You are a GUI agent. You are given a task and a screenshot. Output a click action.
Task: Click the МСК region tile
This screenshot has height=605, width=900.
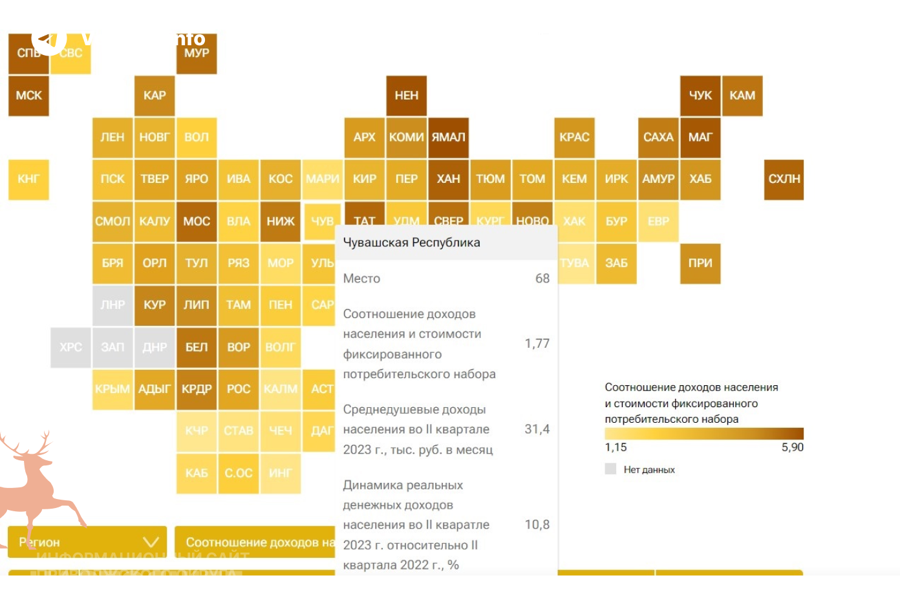pyautogui.click(x=28, y=96)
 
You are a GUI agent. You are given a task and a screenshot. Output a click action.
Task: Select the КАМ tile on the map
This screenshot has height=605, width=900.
pyautogui.click(x=742, y=96)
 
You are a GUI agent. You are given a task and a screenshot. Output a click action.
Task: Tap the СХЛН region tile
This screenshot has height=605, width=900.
pyautogui.click(x=784, y=179)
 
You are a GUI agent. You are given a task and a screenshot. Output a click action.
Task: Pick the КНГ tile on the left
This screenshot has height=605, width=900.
pyautogui.click(x=28, y=179)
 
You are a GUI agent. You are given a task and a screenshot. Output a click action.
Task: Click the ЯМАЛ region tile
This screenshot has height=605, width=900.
pyautogui.click(x=448, y=137)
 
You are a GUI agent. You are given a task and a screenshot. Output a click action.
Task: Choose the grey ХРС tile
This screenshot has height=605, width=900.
pyautogui.click(x=70, y=347)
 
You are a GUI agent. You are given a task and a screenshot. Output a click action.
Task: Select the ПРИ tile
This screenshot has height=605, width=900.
pyautogui.click(x=700, y=263)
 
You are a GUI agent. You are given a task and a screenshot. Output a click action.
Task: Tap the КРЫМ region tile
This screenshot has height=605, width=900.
pyautogui.click(x=112, y=389)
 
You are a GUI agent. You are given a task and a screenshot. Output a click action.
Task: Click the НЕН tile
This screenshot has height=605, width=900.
pyautogui.click(x=407, y=96)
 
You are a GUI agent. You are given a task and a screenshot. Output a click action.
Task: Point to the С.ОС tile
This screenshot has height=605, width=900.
pyautogui.click(x=239, y=473)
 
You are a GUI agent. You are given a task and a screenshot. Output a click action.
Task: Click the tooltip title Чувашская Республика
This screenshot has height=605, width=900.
pyautogui.click(x=411, y=242)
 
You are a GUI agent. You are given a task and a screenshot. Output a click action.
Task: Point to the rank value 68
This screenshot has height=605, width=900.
pyautogui.click(x=542, y=279)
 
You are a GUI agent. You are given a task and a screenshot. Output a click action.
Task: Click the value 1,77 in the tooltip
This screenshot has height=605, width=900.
pyautogui.click(x=537, y=343)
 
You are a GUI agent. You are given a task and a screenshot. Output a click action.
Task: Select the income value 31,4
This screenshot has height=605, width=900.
pyautogui.click(x=537, y=429)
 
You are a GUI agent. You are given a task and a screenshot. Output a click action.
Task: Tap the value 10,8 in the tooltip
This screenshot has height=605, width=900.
pyautogui.click(x=537, y=524)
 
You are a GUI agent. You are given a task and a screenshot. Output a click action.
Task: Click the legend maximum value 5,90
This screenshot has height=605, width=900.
pyautogui.click(x=792, y=447)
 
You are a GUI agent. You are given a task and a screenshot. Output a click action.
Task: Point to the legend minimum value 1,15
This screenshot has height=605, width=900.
pyautogui.click(x=616, y=447)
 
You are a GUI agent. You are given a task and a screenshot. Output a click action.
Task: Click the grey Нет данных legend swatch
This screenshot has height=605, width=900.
pyautogui.click(x=610, y=469)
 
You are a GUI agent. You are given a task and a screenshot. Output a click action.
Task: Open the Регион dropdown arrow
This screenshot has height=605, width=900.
pyautogui.click(x=151, y=542)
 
